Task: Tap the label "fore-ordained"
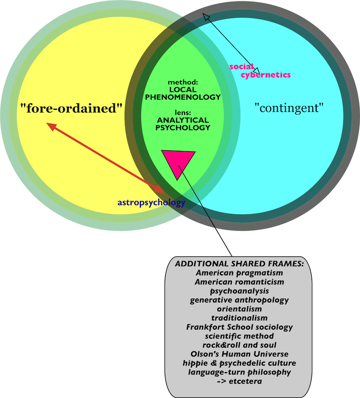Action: (x=72, y=109)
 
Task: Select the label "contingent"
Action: (x=289, y=108)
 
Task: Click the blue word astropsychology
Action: (x=151, y=202)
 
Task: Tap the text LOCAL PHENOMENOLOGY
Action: (x=183, y=93)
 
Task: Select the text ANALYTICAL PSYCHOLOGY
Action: (x=183, y=124)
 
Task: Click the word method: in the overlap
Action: (x=183, y=82)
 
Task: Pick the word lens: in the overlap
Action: (x=183, y=112)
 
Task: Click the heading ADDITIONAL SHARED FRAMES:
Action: (x=239, y=264)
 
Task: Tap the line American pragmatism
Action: (x=239, y=273)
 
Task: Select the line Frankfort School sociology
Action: (x=239, y=327)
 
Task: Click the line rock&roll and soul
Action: (x=239, y=345)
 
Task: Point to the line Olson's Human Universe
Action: (x=239, y=354)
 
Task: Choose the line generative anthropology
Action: (x=239, y=300)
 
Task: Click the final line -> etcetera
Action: (x=239, y=381)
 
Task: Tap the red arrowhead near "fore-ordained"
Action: (x=51, y=125)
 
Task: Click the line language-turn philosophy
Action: (x=239, y=372)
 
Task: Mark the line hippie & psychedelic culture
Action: (x=239, y=363)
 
